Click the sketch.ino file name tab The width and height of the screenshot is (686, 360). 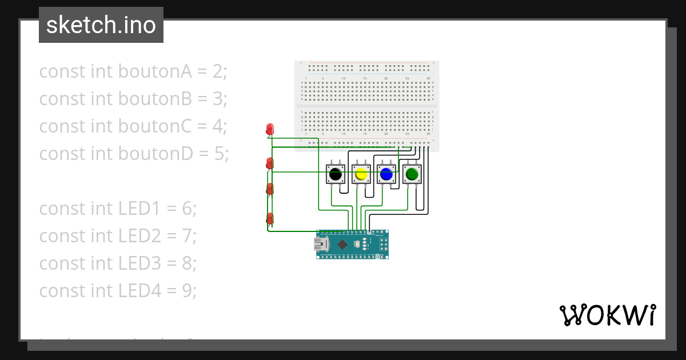pyautogui.click(x=101, y=25)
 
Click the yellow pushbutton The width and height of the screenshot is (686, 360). pyautogui.click(x=361, y=174)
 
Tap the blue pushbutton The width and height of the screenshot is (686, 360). pyautogui.click(x=386, y=174)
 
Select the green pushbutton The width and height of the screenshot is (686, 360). pyautogui.click(x=412, y=173)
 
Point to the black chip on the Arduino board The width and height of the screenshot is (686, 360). pyautogui.click(x=342, y=245)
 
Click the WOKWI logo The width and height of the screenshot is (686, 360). pyautogui.click(x=607, y=315)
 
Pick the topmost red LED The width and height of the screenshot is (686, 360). pyautogui.click(x=270, y=130)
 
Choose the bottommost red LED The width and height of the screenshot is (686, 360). pyautogui.click(x=270, y=218)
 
